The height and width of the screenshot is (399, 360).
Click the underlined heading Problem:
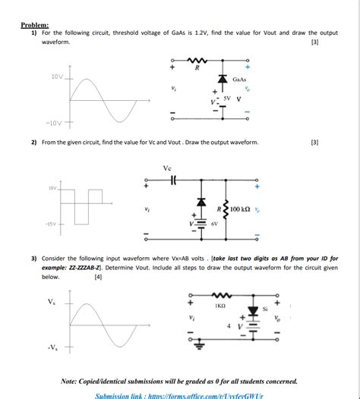(x=34, y=24)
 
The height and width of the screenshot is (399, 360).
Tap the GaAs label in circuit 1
(x=239, y=79)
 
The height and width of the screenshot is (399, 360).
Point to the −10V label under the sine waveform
(x=55, y=121)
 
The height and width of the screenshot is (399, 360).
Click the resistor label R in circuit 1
(x=197, y=68)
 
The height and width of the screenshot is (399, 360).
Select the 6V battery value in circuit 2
(x=214, y=225)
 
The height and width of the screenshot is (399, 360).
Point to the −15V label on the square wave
(x=52, y=225)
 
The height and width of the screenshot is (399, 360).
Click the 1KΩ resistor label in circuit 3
(x=219, y=305)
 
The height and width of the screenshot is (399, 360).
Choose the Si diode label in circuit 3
(x=265, y=309)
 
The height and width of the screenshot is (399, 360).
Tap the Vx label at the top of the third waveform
(x=51, y=301)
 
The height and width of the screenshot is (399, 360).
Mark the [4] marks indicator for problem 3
(x=98, y=278)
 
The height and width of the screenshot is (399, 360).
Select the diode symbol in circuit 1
(x=222, y=78)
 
